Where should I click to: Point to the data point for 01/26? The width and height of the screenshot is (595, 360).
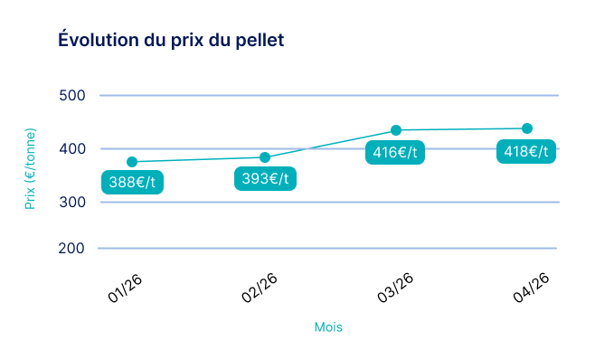[132, 162]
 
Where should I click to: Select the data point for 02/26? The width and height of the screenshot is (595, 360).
[265, 157]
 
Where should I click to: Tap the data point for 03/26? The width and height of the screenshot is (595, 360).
[396, 130]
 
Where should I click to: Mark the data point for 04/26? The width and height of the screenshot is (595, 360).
[527, 128]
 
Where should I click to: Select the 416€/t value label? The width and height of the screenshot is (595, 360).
[395, 152]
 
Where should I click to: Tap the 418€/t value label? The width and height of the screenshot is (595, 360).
[526, 151]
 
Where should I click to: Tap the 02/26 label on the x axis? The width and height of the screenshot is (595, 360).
[260, 289]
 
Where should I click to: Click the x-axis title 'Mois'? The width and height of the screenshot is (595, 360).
[328, 327]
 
